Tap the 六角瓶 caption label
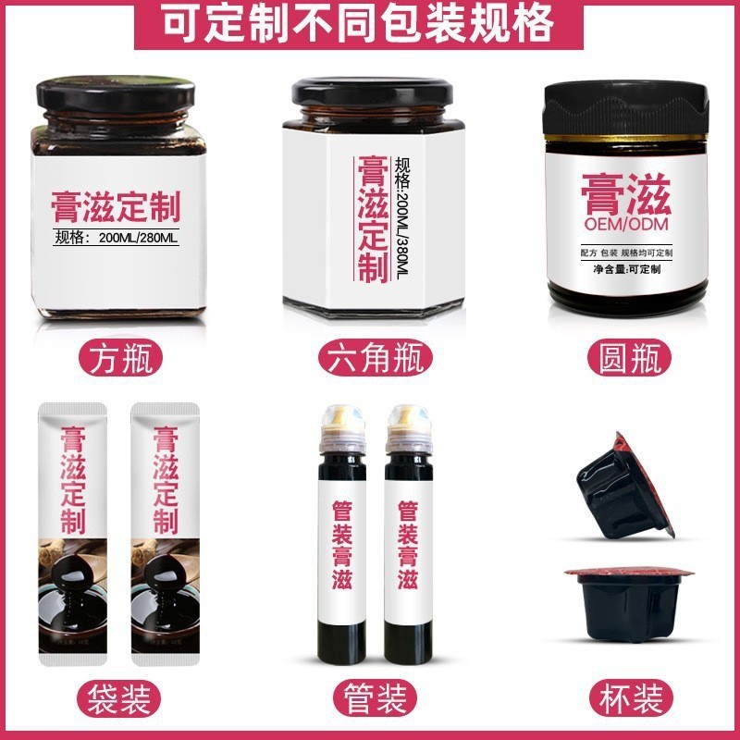coord(374,356)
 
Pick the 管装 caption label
coord(374,696)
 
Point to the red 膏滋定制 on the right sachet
coord(164,479)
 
